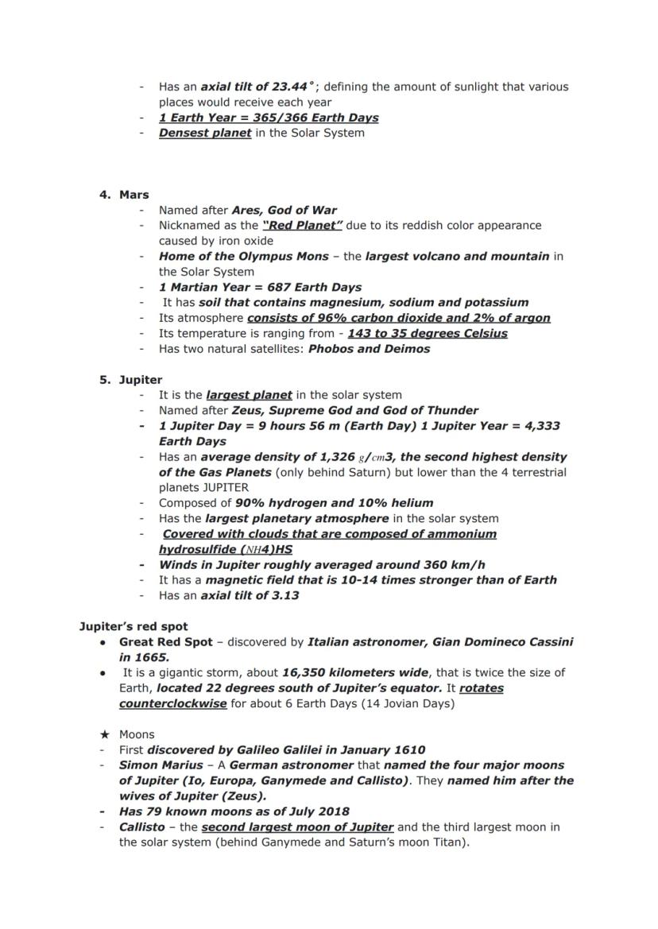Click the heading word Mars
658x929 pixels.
(x=134, y=195)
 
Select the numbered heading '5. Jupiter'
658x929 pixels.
(x=131, y=380)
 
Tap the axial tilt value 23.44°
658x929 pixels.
(x=294, y=87)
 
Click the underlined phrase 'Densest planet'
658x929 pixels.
(x=205, y=133)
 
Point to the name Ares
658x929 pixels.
(x=246, y=211)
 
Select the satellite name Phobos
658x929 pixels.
(x=334, y=349)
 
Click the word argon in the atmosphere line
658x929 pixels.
(x=530, y=318)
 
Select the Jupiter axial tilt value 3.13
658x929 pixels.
(x=284, y=596)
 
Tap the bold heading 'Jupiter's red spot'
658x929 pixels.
(x=134, y=627)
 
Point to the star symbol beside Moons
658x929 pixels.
(x=103, y=734)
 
